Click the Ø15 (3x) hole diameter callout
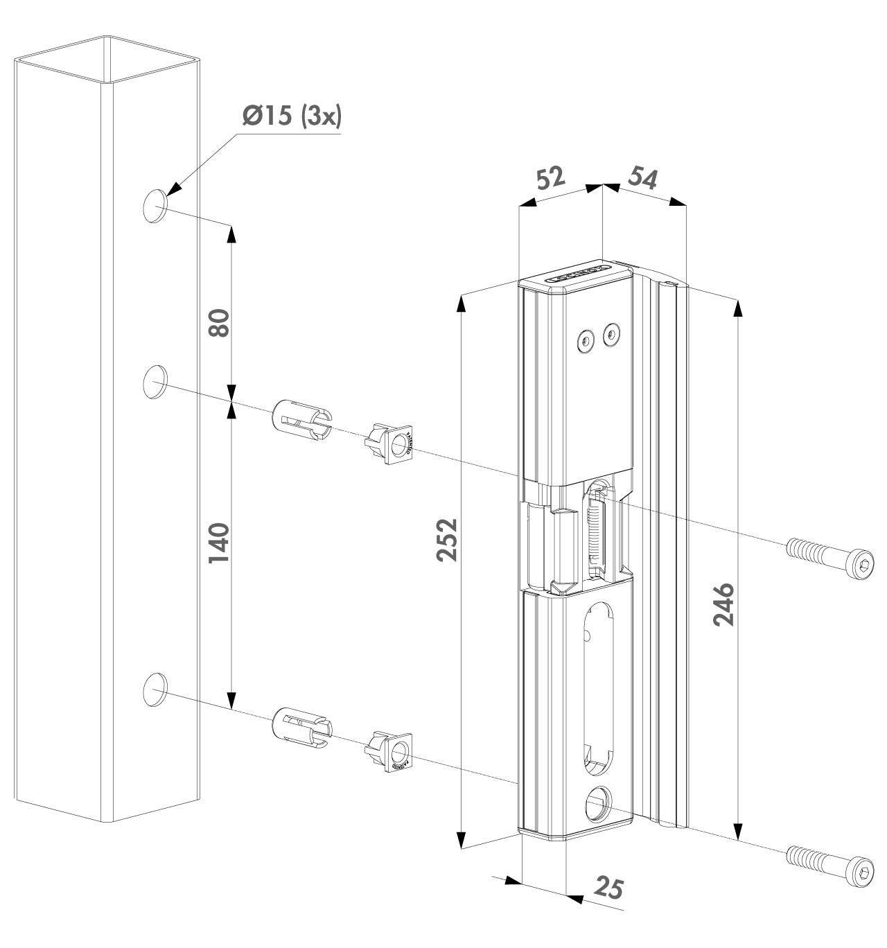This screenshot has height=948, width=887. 281,117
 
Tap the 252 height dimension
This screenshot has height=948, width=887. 448,538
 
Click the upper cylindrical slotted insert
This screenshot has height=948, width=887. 302,420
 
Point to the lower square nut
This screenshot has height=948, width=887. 393,750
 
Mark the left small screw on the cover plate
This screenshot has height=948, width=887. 586,340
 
